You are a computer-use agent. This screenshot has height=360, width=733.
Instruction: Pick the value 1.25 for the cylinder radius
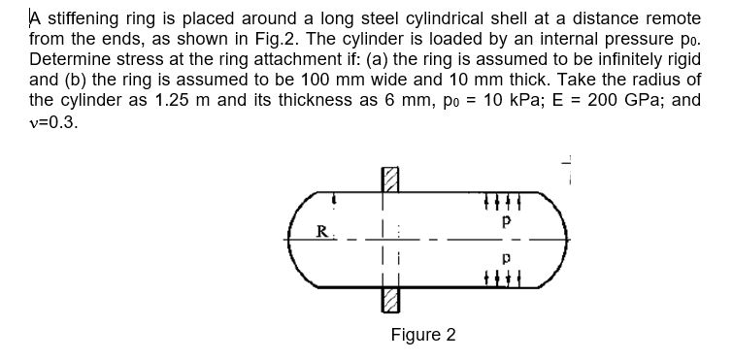pyautogui.click(x=181, y=103)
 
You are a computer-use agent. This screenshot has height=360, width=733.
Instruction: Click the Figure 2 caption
pyautogui.click(x=423, y=335)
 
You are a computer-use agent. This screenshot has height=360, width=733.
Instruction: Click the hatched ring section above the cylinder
pyautogui.click(x=390, y=178)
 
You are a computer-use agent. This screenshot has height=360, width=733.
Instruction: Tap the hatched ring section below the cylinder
pyautogui.click(x=390, y=300)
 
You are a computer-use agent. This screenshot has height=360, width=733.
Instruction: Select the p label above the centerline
pyautogui.click(x=505, y=220)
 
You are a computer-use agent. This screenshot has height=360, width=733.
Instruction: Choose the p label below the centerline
pyautogui.click(x=505, y=261)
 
